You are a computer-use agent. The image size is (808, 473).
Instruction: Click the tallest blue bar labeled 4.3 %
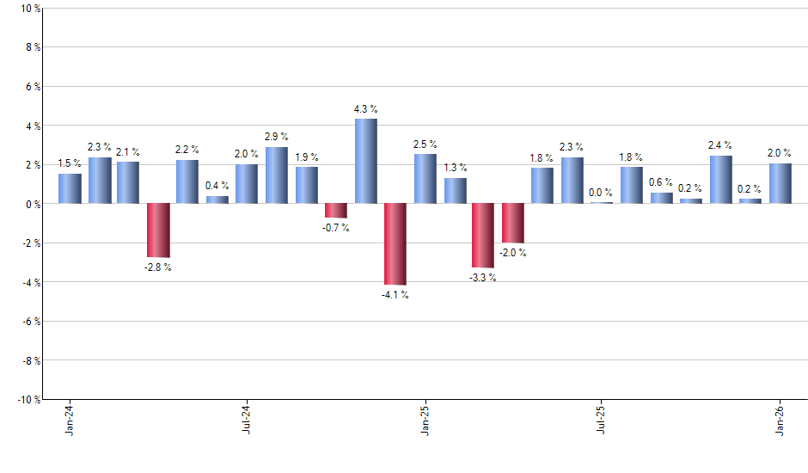pos(365,161)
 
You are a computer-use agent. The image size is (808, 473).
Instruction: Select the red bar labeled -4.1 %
pos(395,243)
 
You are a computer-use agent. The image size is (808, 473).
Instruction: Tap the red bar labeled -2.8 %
pos(158,230)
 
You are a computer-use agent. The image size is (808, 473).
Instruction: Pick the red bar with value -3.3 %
pos(483,235)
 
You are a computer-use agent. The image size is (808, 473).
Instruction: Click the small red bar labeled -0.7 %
pos(336,211)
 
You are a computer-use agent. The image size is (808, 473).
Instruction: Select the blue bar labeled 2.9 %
pos(277,175)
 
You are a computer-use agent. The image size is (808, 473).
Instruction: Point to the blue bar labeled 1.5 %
pos(70,188)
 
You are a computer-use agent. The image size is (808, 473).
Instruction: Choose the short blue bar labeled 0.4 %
pos(217,200)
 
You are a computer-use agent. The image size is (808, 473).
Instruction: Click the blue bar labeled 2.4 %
pos(720,180)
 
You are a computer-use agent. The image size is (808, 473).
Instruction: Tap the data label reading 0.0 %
pos(602,193)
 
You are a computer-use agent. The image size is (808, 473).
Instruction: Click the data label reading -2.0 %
pos(513,253)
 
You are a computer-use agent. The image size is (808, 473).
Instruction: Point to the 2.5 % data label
pos(425,144)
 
